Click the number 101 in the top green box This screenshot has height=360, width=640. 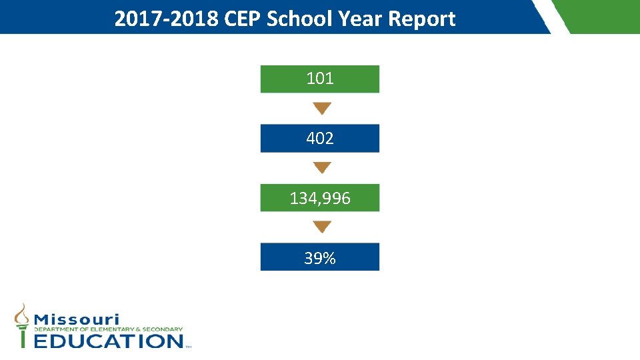[320, 79]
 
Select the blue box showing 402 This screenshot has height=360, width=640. [320, 139]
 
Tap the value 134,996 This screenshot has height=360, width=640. [320, 198]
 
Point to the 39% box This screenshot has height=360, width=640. [320, 257]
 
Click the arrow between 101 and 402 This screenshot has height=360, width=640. [322, 108]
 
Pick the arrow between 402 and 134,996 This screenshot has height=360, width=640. [322, 167]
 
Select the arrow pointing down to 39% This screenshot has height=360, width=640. [322, 227]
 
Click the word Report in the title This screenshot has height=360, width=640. [423, 19]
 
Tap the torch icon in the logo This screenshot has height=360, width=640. [23, 325]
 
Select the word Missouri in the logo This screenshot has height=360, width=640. [77, 319]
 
